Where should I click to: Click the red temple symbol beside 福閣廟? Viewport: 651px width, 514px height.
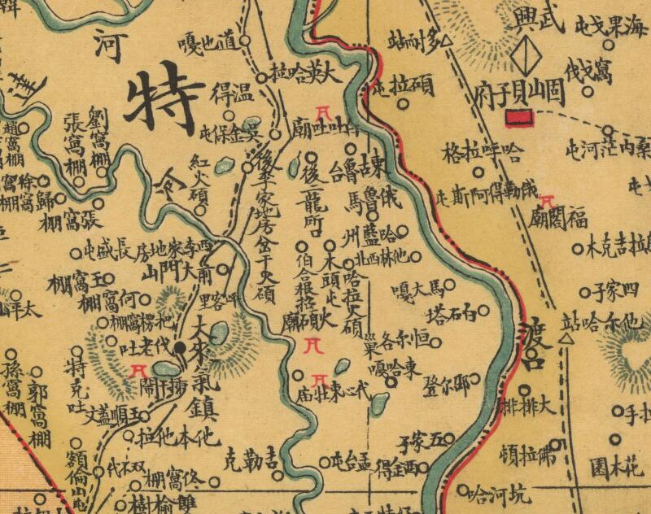pyautogui.click(x=548, y=199)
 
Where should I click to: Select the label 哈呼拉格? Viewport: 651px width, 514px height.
pyautogui.click(x=480, y=152)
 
